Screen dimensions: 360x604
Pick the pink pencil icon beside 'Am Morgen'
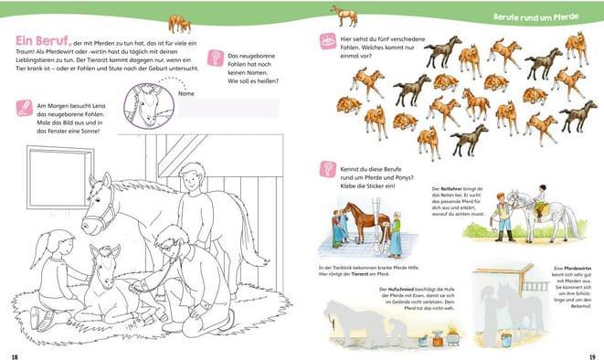tap(25, 109)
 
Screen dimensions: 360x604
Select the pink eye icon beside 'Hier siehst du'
tap(326, 41)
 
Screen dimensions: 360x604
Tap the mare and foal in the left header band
tap(179, 23)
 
